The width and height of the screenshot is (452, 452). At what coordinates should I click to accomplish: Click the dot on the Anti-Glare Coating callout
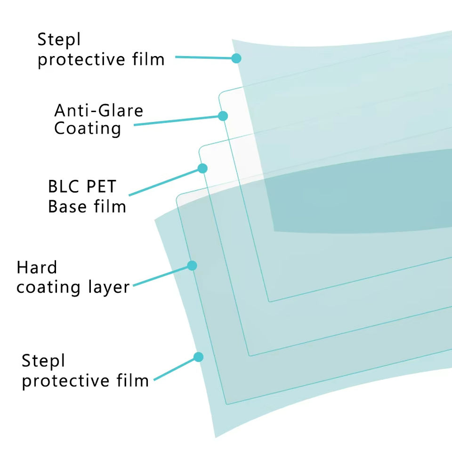point(223,116)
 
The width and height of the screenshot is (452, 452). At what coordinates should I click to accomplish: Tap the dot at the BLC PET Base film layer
point(203,168)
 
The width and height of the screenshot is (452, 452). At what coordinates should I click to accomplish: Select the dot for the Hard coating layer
point(192,266)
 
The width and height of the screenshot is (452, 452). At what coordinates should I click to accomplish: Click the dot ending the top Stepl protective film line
point(236,58)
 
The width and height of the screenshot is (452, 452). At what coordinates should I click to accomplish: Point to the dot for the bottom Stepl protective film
point(199,357)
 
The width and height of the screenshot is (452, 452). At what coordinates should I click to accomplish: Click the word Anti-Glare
point(98,111)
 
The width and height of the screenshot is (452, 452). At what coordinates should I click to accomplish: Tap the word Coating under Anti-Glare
point(88,129)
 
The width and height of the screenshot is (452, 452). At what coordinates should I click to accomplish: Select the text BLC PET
point(81,187)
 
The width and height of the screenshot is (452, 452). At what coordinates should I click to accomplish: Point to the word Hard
point(36,268)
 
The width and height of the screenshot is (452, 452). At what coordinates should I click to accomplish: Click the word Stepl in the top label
point(59,40)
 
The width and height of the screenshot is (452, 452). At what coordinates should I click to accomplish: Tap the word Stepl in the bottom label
point(43,362)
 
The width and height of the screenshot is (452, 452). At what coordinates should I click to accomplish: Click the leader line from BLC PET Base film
point(165,182)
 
